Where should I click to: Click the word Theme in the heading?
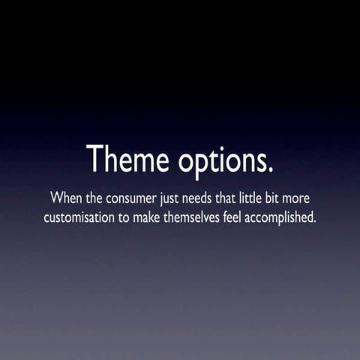point(128,158)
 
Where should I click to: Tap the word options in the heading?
point(222,160)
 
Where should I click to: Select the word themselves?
point(197,219)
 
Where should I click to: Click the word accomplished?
point(281,220)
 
